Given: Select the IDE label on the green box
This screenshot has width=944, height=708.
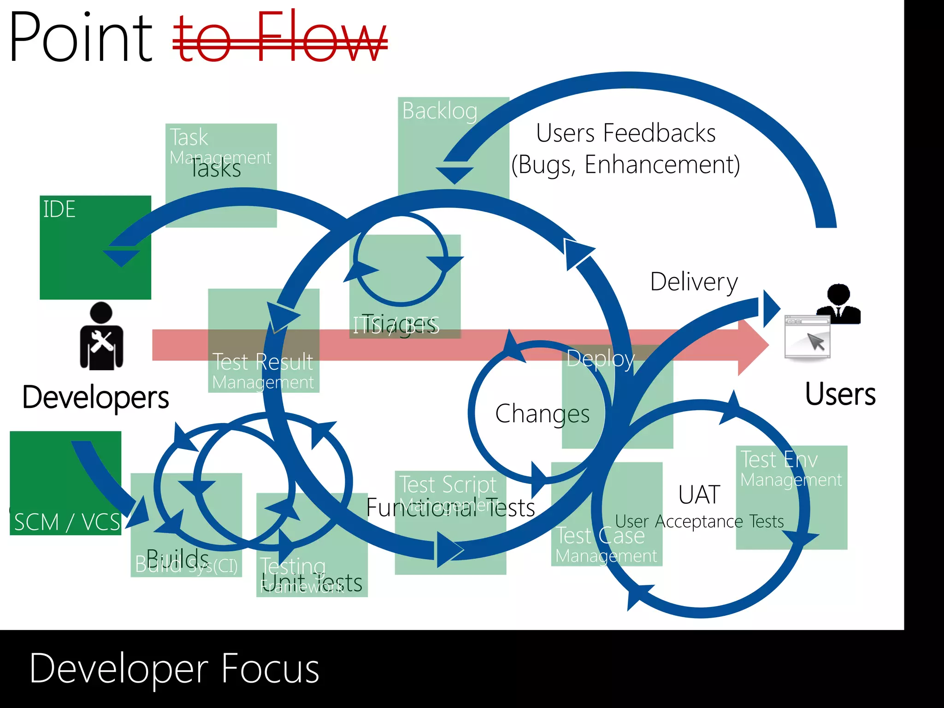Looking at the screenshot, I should point(59,209).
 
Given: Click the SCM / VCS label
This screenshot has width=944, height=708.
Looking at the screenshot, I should point(67,522).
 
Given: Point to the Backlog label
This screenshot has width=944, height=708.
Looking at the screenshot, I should point(440,111).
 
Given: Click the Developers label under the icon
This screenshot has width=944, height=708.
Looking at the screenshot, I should point(95,397).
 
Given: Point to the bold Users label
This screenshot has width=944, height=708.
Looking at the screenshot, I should point(840,395).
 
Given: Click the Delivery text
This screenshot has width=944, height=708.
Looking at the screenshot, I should point(694,282).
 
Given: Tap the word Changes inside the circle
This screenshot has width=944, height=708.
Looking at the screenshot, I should point(543,413).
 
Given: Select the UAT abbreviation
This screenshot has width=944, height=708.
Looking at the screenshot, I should point(699,495).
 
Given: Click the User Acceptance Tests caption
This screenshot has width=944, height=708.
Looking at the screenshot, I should point(699,521).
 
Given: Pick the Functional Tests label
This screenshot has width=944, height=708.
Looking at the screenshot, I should point(450,507).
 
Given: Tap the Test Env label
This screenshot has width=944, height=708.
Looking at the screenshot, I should point(779,460).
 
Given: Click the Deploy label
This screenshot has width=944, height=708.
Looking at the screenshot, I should point(600,359).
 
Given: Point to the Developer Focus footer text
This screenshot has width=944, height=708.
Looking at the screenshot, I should point(174,668).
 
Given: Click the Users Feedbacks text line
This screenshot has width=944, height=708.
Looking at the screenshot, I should point(625,133).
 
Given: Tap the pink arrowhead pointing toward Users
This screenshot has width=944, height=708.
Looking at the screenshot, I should point(752,345).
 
